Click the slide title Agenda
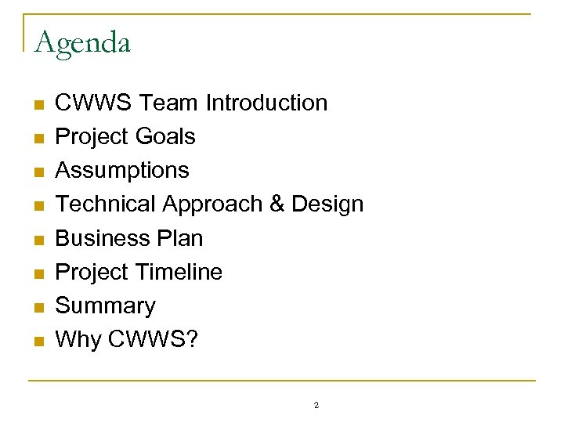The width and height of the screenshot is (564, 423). pos(83,42)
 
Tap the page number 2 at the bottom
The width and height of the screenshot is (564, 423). pos(316,406)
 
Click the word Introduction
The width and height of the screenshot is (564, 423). pos(266,103)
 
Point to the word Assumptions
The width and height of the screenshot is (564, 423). pos(122,170)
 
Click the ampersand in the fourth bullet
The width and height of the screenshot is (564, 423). pos(277,204)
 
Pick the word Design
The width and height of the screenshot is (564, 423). pos(327,204)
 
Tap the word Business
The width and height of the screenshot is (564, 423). pos(102,237)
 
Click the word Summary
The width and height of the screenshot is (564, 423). pos(106,305)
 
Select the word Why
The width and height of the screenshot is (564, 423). pos(75,339)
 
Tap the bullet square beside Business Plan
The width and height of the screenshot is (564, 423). pos(37,239)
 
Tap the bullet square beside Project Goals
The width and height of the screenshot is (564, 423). pos(37,138)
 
